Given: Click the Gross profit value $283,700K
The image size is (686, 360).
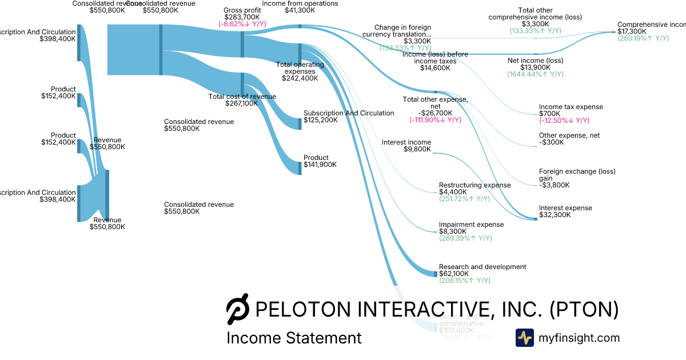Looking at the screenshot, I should [242, 17].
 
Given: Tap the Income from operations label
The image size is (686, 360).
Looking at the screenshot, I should [300, 3].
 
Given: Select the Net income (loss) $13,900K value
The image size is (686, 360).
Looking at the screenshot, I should [535, 67].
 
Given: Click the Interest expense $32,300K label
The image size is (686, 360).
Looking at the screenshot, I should [565, 208].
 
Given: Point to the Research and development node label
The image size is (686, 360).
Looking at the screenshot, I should [482, 267].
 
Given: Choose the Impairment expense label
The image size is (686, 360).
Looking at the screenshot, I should [471, 225].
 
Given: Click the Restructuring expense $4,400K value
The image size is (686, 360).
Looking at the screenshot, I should [453, 192].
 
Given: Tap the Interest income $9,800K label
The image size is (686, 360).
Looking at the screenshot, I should [406, 142].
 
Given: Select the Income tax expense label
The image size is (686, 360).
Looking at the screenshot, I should [571, 107].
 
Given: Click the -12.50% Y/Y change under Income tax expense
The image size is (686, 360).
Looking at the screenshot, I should [564, 121].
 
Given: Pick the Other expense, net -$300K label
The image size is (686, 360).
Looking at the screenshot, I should [569, 136].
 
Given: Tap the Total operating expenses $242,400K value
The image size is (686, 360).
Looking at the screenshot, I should [300, 78].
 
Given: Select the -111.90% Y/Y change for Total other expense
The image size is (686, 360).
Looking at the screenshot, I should [435, 120].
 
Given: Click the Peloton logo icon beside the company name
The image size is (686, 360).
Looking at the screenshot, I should [238, 310].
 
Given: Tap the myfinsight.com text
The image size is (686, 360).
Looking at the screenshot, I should [579, 338].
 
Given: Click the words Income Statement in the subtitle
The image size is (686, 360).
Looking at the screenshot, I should [294, 338].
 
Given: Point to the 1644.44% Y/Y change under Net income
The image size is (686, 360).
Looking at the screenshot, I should [535, 74].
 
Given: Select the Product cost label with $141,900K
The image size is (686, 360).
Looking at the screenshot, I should [316, 158].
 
